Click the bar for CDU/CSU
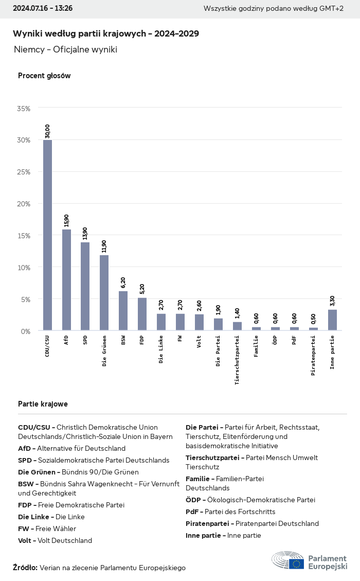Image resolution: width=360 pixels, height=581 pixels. [47, 235]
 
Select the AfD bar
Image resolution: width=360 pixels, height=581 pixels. [66, 280]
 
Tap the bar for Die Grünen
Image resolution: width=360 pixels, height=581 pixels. [104, 293]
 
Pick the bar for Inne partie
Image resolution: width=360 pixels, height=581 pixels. [332, 320]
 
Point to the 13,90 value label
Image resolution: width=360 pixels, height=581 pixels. [85, 233]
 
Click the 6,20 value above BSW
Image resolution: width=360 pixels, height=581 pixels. [123, 282]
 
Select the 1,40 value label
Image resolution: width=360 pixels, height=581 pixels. [237, 313]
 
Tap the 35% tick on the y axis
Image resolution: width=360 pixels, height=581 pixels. [24, 109]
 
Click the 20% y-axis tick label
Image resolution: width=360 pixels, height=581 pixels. [24, 204]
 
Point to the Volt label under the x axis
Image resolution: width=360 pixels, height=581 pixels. [199, 342]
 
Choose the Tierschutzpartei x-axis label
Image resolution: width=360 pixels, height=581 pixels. [237, 360]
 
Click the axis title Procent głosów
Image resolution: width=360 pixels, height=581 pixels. [44, 76]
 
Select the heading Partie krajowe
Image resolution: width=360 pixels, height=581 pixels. [43, 404]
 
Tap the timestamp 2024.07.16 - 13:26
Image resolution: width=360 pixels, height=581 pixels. [43, 8]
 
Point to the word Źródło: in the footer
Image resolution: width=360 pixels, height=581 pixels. [25, 567]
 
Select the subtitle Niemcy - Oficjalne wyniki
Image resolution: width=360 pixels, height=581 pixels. [66, 49]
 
